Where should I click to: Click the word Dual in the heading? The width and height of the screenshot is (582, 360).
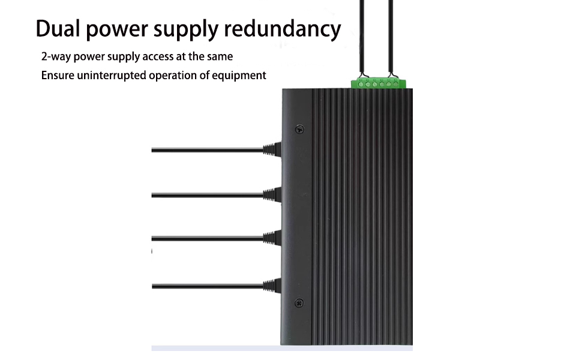pos(59,28)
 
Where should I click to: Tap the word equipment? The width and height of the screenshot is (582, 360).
pos(239,76)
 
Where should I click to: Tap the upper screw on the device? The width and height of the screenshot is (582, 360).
pos(300,128)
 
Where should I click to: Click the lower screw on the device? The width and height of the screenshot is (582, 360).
pos(300,302)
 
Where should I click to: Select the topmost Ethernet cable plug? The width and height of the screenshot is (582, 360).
pos(272,149)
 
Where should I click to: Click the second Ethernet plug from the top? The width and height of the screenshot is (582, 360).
pos(272,194)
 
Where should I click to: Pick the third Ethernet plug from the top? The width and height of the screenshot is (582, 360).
pos(272,238)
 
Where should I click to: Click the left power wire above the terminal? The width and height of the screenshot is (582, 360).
pos(361,36)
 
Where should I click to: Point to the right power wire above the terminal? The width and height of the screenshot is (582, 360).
pos(391,36)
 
